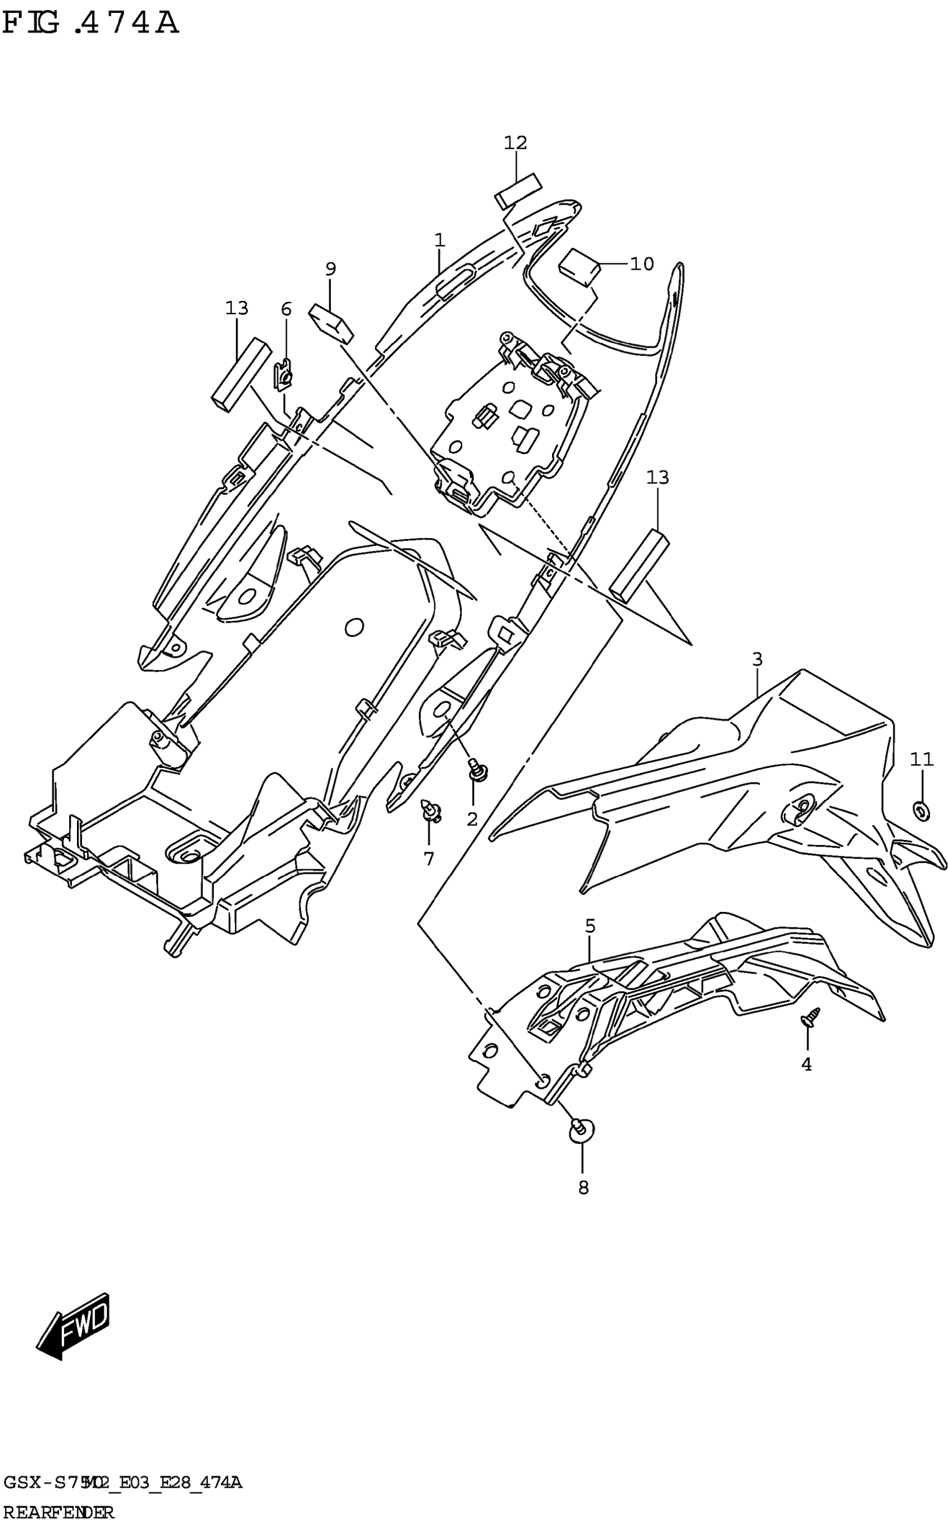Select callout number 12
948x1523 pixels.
click(x=515, y=143)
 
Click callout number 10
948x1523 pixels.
click(x=641, y=264)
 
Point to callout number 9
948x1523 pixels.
click(x=331, y=269)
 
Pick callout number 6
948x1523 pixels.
click(x=286, y=309)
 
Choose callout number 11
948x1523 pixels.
click(x=922, y=760)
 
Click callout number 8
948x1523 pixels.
click(x=583, y=1188)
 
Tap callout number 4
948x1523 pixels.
click(x=806, y=1064)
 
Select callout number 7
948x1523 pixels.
click(x=429, y=859)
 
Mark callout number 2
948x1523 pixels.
click(x=472, y=819)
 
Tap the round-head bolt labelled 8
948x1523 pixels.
click(x=582, y=1129)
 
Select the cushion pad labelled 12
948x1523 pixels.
click(x=519, y=190)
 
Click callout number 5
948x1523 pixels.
click(x=590, y=926)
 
